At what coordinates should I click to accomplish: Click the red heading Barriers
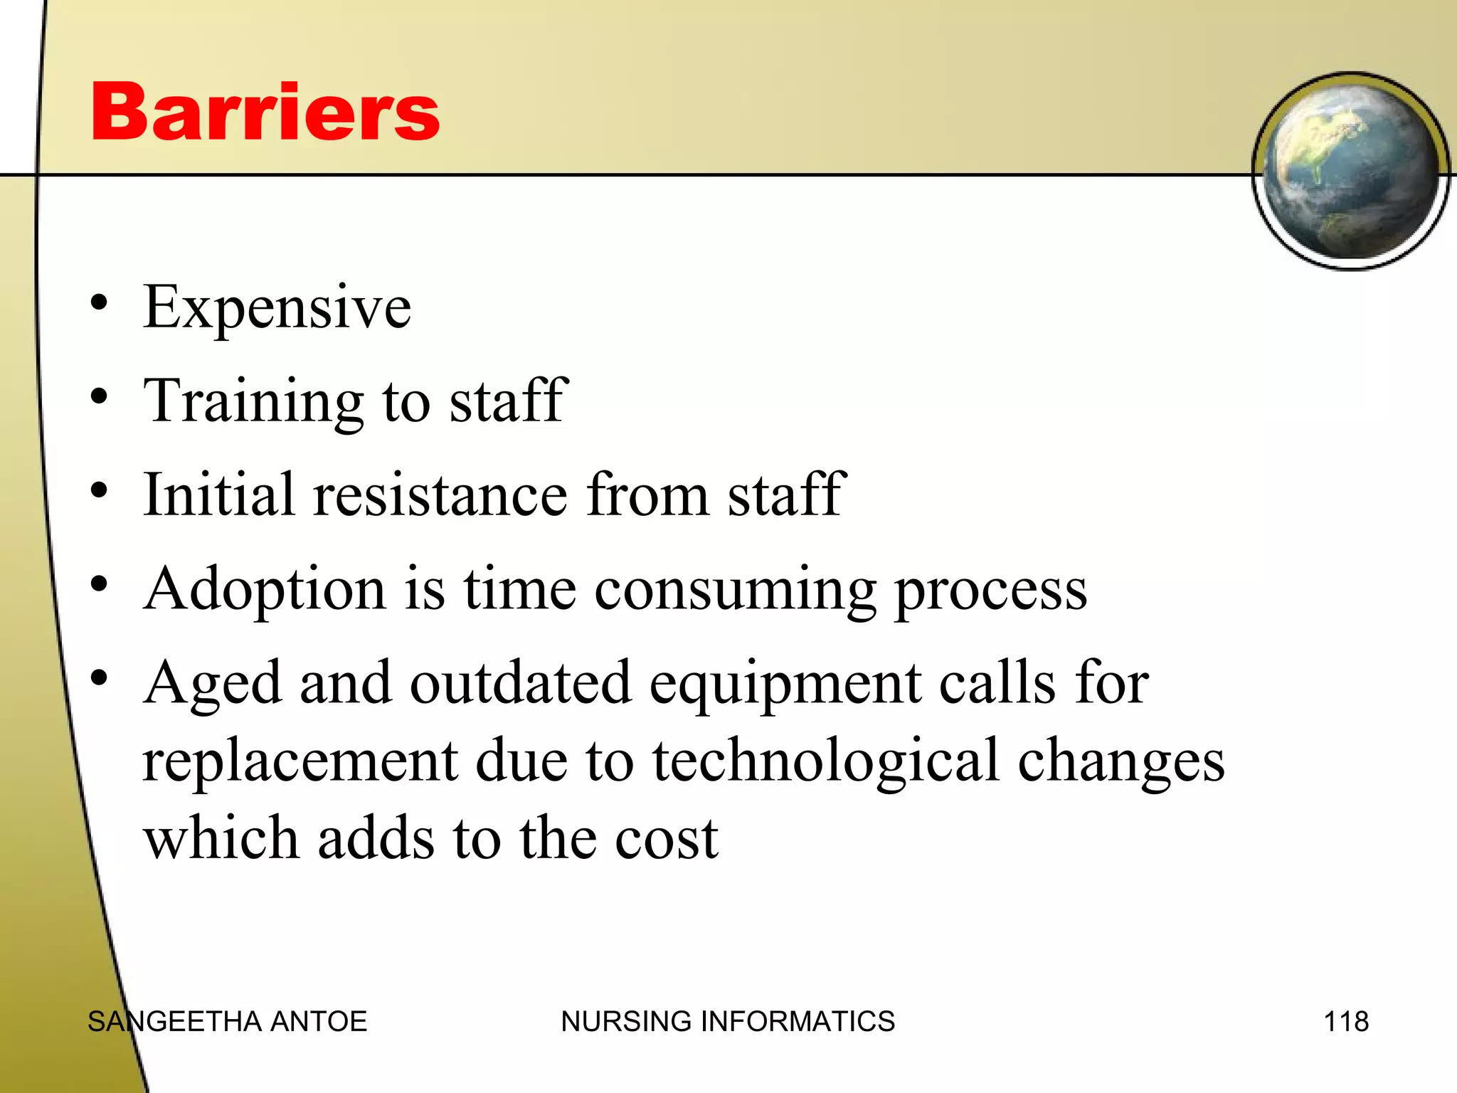[x=265, y=112]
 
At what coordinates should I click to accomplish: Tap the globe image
[x=1350, y=171]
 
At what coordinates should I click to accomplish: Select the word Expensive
[x=277, y=307]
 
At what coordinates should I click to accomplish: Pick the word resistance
[x=440, y=494]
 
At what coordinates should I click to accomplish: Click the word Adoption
[x=265, y=590]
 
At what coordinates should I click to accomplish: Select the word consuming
[x=735, y=590]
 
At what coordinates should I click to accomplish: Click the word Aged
[x=213, y=683]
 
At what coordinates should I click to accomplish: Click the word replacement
[x=300, y=760]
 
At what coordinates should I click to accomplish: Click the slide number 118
[x=1346, y=1021]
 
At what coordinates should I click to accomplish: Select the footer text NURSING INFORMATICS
[x=728, y=1021]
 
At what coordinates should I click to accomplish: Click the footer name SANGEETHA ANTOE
[x=227, y=1021]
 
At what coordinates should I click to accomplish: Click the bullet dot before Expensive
[x=99, y=302]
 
